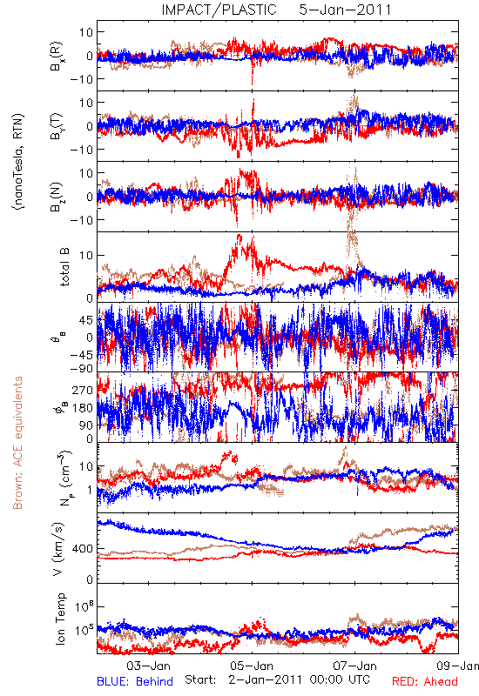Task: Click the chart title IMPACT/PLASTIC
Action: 219,10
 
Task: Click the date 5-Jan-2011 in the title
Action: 345,10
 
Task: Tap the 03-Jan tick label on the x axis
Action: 148,666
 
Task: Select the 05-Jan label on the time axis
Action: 252,666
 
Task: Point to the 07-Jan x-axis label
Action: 355,666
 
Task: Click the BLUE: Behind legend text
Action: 135,681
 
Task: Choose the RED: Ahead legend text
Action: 424,681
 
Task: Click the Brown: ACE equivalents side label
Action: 17,443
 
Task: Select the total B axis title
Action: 64,267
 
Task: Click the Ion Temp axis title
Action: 61,619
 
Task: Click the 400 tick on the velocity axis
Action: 83,549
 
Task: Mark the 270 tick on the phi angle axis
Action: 83,390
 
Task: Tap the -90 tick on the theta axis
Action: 81,368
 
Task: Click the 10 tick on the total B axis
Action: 86,255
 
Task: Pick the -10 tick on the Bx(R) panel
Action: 81,79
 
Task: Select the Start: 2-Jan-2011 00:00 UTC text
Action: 277,679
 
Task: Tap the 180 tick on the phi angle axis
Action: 83,408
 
